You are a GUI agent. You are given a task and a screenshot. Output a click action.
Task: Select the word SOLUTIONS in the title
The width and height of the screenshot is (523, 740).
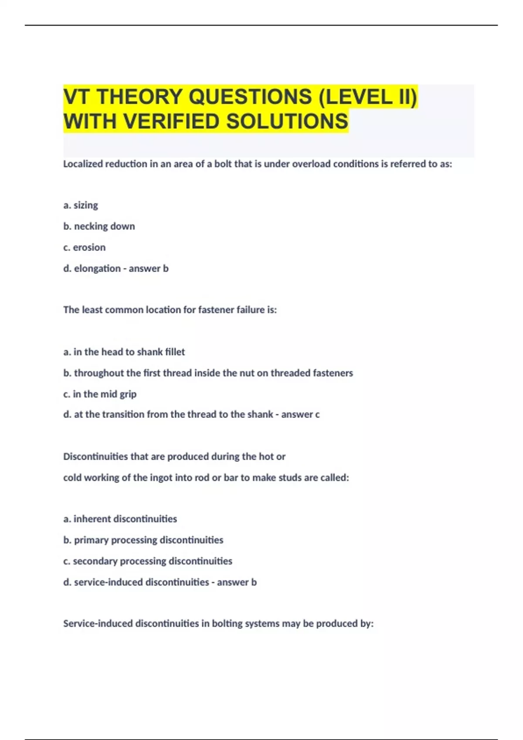click(287, 121)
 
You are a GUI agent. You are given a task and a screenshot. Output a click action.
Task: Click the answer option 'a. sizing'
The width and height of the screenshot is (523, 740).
click(81, 205)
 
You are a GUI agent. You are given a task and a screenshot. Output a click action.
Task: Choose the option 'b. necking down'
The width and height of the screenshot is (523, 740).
click(99, 226)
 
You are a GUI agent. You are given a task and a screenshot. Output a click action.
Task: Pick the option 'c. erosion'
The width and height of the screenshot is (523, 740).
click(84, 247)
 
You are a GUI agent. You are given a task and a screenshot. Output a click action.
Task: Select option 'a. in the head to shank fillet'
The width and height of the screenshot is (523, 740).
click(124, 352)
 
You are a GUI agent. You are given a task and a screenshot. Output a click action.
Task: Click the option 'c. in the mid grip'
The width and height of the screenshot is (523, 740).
click(100, 394)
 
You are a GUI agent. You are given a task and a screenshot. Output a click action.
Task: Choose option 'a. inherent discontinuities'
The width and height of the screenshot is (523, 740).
click(120, 519)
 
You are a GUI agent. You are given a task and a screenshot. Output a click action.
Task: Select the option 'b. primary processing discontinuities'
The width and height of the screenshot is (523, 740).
click(143, 540)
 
